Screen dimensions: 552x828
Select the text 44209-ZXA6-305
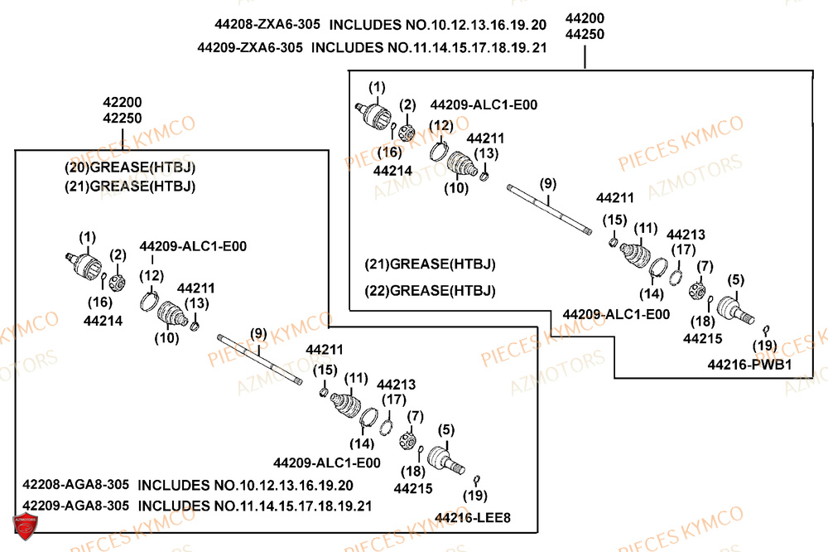pos(249,47)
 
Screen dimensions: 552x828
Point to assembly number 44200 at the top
pos(585,18)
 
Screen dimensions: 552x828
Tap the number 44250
pos(585,34)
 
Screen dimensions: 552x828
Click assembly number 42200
pos(123,102)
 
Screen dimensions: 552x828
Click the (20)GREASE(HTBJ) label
pos(130,167)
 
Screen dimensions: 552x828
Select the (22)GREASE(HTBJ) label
pos(430,290)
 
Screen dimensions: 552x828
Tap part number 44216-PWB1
pos(750,364)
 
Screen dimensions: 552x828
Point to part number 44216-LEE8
pos(472,518)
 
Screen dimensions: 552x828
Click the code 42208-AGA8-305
pos(74,485)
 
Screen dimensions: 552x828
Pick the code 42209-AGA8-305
pos(74,505)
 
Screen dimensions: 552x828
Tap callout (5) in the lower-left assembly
pos(446,429)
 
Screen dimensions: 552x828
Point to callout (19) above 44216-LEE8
pos(474,495)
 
